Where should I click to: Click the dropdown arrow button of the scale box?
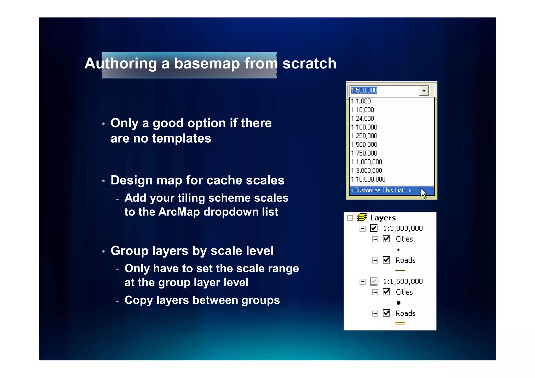pyautogui.click(x=424, y=91)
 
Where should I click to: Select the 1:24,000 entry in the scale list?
pyautogui.click(x=363, y=119)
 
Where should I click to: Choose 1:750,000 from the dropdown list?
pyautogui.click(x=364, y=153)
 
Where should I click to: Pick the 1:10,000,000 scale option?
pyautogui.click(x=368, y=179)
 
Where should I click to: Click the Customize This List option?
pyautogui.click(x=381, y=190)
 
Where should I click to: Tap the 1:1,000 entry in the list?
pyautogui.click(x=361, y=101)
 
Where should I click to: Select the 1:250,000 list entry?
pyautogui.click(x=364, y=136)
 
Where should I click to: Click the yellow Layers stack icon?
pyautogui.click(x=362, y=217)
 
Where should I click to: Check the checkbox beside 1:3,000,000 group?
pyautogui.click(x=374, y=228)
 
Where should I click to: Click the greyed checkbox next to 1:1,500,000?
pyautogui.click(x=374, y=281)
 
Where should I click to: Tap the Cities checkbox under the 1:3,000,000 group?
pyautogui.click(x=386, y=239)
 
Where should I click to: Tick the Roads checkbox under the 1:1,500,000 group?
pyautogui.click(x=386, y=313)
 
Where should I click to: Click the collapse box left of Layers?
pyautogui.click(x=350, y=218)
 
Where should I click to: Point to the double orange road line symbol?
pyautogui.click(x=400, y=323)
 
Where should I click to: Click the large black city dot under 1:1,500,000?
pyautogui.click(x=398, y=303)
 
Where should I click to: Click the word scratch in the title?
pyautogui.click(x=309, y=63)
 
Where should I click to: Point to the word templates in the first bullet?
pyautogui.click(x=181, y=138)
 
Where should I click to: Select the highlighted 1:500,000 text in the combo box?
pyautogui.click(x=364, y=90)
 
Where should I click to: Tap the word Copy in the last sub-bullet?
pyautogui.click(x=138, y=300)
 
